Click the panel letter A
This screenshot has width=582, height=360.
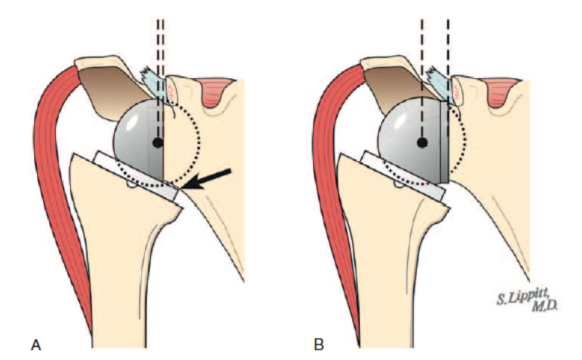click(x=37, y=345)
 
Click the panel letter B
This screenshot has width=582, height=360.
click(x=319, y=345)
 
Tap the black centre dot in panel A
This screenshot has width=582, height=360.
click(x=156, y=144)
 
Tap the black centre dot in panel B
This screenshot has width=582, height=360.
click(x=422, y=143)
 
